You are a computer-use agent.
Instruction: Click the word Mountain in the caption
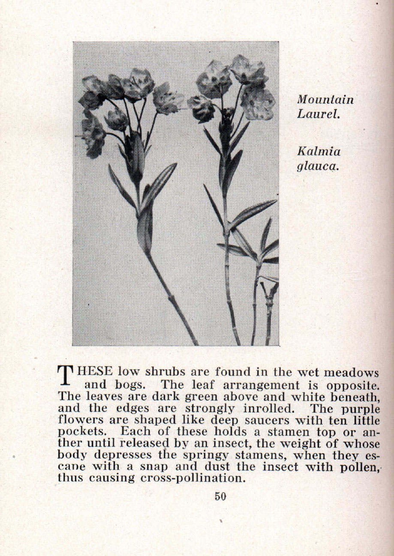pos(325,100)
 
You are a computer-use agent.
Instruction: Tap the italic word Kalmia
pos(319,151)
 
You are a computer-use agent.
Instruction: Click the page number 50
pos(220,496)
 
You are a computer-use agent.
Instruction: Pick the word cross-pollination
pos(193,478)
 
